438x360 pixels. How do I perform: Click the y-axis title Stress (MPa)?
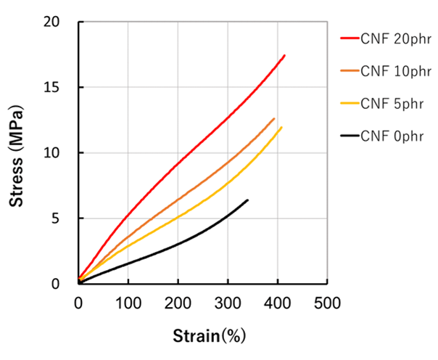coord(17,154)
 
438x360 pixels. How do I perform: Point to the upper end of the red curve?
coord(284,55)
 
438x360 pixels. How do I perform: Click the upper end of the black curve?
coord(247,200)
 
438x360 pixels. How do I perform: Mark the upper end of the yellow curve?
coord(281,127)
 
